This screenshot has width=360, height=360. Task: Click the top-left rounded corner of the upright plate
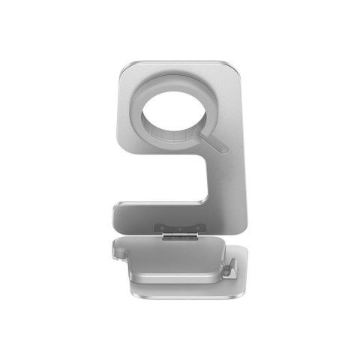(125, 66)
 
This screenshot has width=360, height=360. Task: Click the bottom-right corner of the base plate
(244, 291)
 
